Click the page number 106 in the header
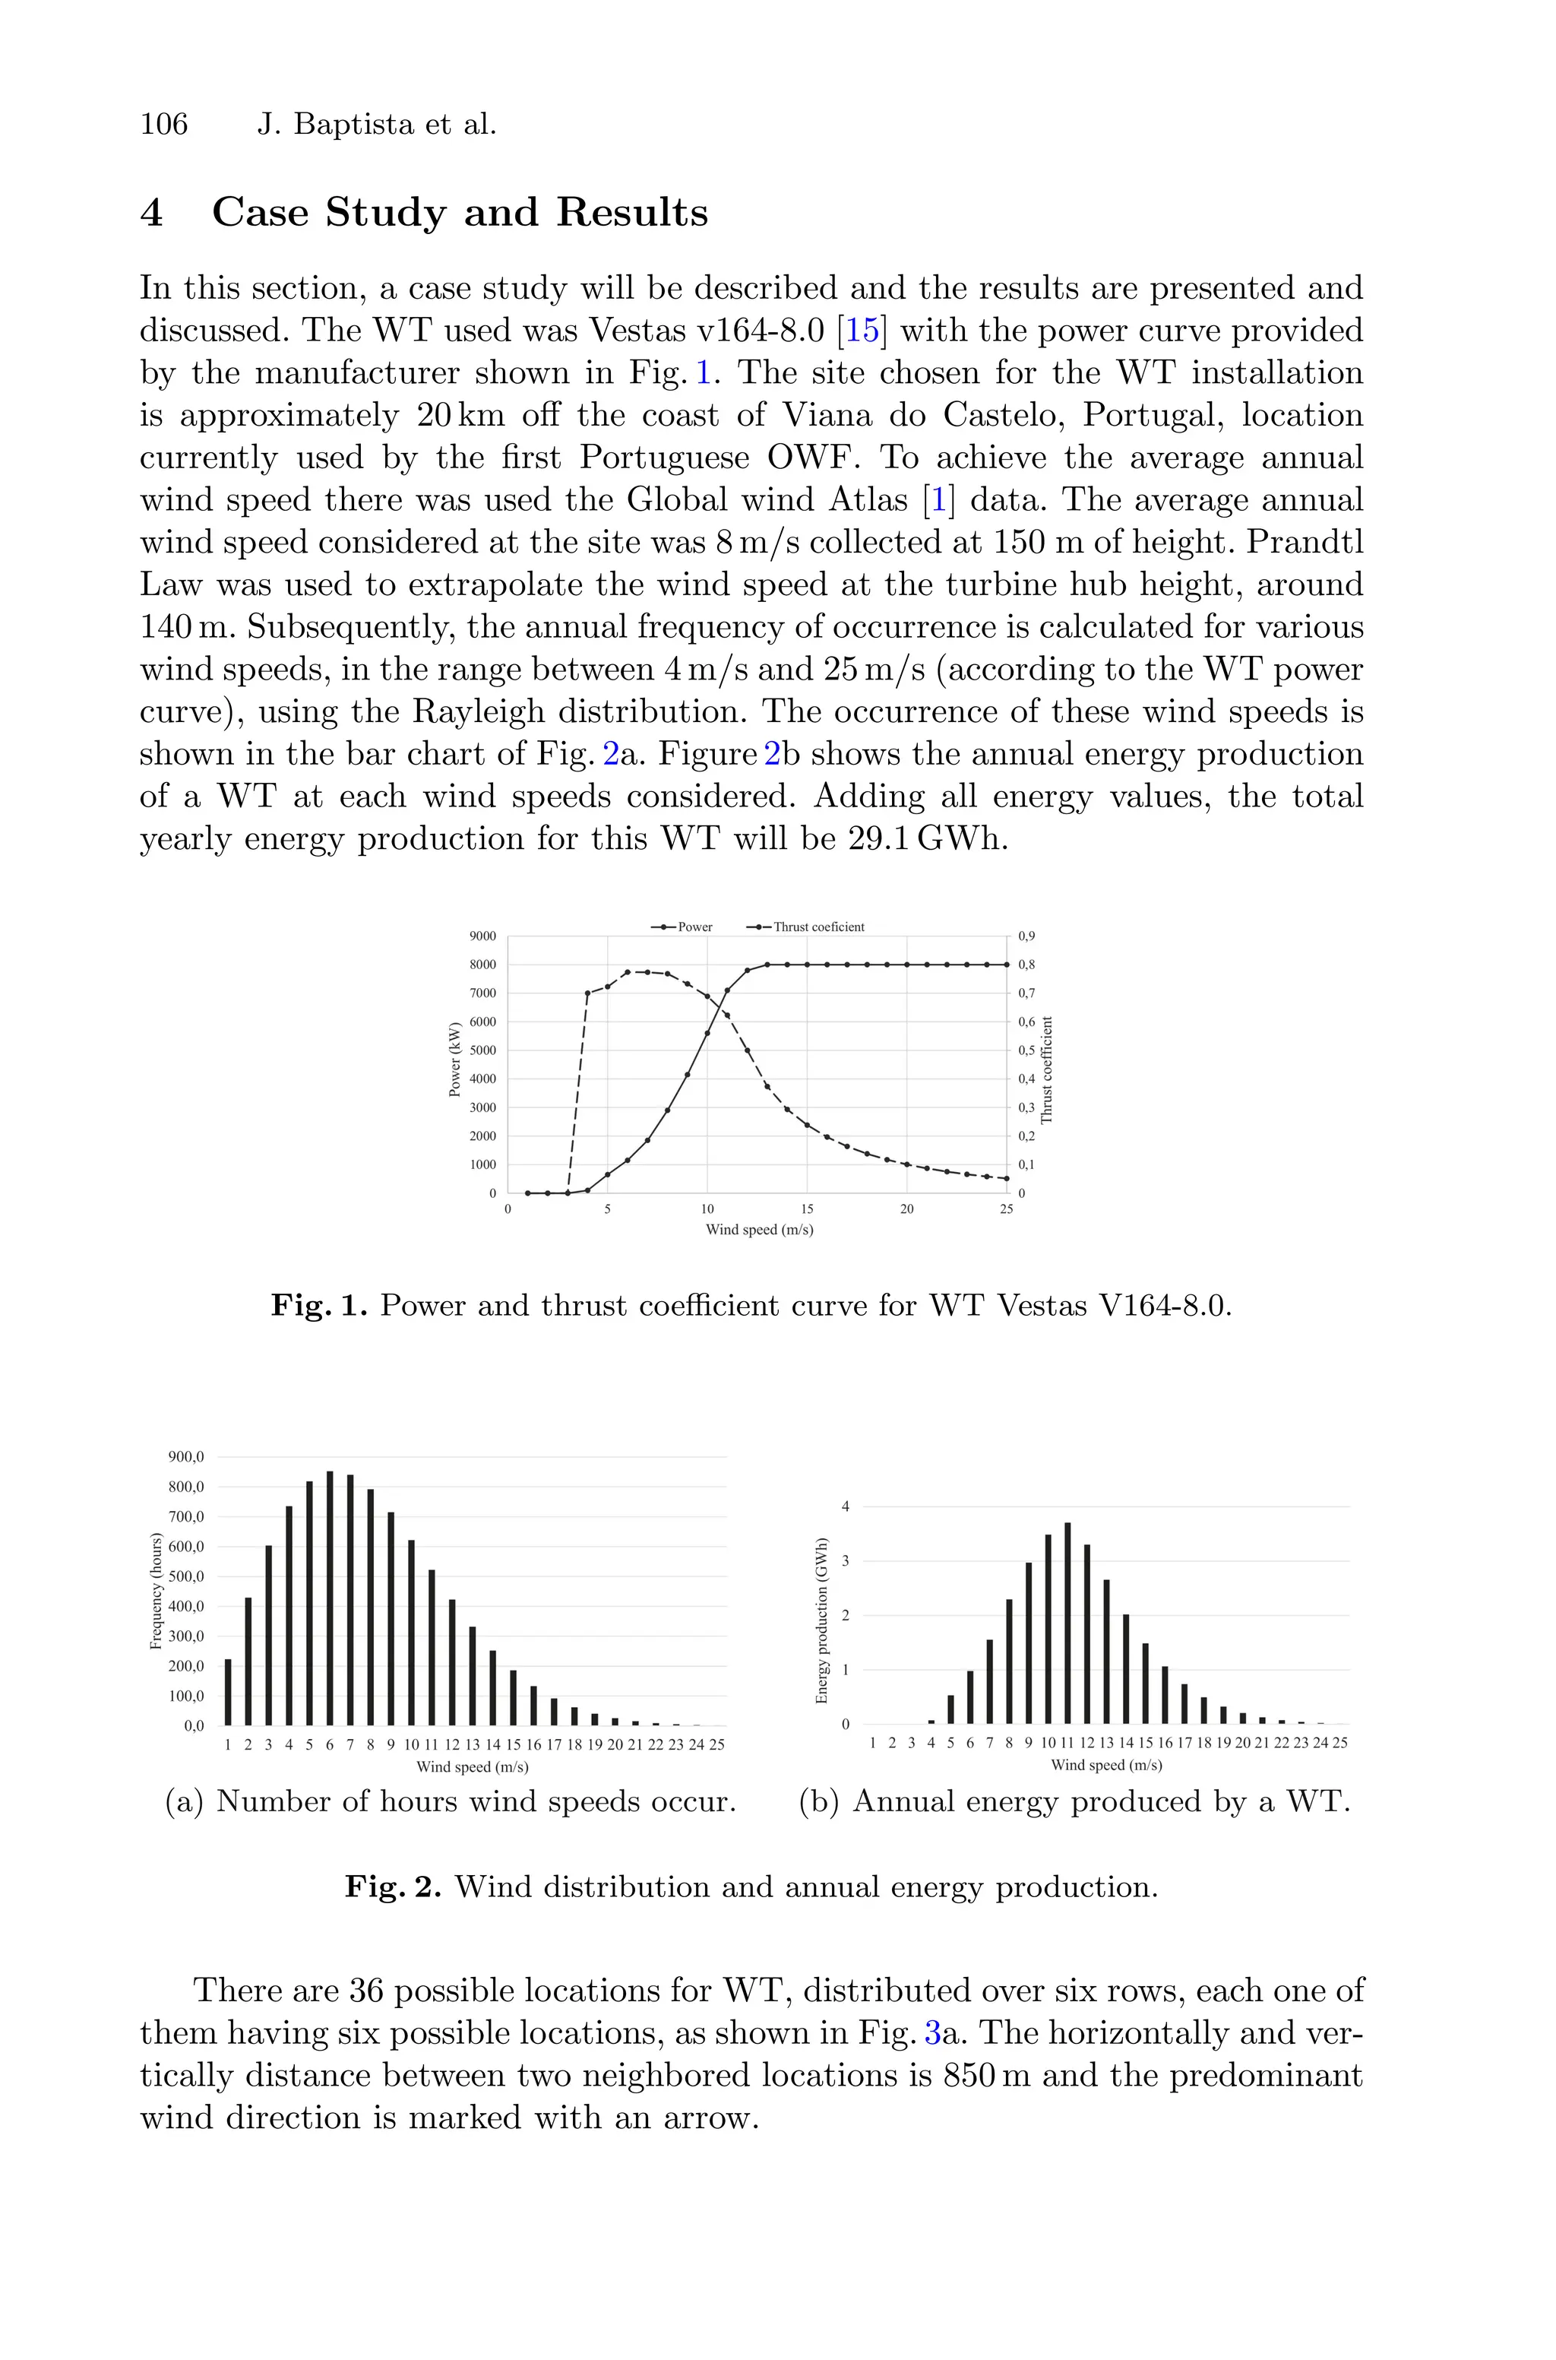click(x=164, y=125)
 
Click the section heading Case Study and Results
click(x=460, y=212)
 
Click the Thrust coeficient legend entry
click(x=807, y=927)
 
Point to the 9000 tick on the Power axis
click(x=482, y=936)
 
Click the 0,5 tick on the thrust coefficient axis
click(x=1027, y=1050)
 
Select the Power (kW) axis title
click(x=454, y=1059)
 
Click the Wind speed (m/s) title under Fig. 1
click(x=759, y=1230)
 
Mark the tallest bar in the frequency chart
click(x=330, y=1598)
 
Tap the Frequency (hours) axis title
click(x=156, y=1591)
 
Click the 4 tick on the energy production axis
click(x=846, y=1506)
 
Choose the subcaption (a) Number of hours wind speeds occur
click(x=451, y=1801)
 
